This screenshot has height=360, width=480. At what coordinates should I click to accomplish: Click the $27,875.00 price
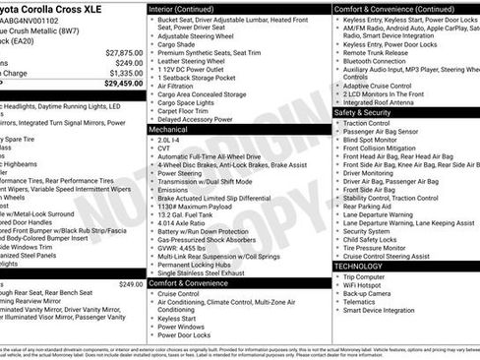pyautogui.click(x=124, y=52)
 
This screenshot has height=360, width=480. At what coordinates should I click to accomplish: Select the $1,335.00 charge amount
pyautogui.click(x=126, y=73)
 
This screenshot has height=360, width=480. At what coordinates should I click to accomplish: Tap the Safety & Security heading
pyautogui.click(x=364, y=112)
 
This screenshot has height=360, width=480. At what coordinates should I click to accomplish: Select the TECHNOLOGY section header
pyautogui.click(x=358, y=266)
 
